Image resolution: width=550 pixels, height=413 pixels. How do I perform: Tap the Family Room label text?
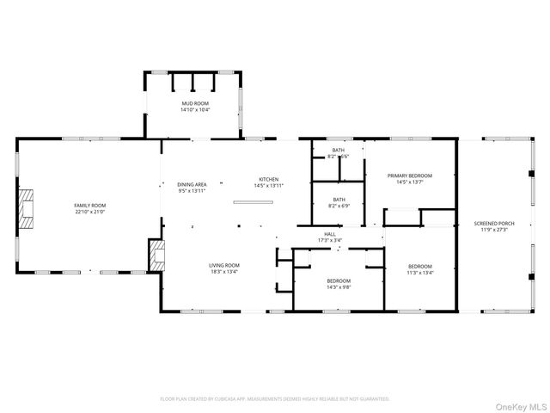[89, 206]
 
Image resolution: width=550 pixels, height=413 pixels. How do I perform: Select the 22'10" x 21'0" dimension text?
[89, 212]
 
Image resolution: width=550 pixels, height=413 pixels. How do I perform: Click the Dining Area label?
[192, 185]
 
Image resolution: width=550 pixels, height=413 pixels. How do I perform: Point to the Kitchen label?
[269, 180]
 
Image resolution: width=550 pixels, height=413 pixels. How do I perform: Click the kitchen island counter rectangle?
[253, 203]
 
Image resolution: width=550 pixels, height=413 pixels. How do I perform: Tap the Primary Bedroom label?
[409, 176]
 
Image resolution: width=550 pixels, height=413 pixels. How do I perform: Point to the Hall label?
[329, 234]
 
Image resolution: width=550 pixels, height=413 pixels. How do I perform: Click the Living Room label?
[224, 265]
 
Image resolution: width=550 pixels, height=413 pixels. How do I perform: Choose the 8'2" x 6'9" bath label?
[339, 205]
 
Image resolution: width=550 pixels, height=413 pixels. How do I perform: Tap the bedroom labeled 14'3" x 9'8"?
[339, 285]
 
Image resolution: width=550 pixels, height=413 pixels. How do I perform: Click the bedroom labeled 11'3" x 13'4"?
[420, 269]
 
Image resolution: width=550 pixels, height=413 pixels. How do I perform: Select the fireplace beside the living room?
[156, 255]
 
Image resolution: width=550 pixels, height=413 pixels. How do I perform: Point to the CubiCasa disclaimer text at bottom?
[275, 399]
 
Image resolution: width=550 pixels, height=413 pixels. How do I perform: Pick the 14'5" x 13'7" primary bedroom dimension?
[409, 182]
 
